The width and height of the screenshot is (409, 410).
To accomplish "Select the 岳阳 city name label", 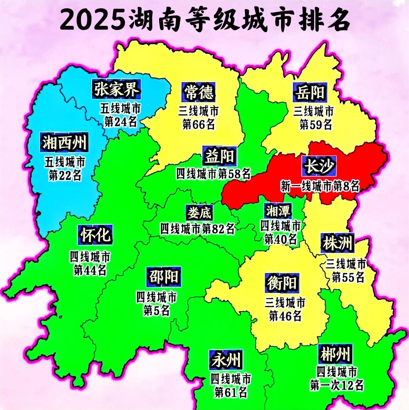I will point(309,92).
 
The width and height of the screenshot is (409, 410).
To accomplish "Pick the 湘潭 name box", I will point(278,211).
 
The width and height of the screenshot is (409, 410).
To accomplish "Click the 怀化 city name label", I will point(95,235).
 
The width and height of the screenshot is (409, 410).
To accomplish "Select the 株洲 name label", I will point(337,244).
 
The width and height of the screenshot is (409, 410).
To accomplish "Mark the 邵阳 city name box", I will point(164,276).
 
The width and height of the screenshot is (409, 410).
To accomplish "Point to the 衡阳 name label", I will point(282,283).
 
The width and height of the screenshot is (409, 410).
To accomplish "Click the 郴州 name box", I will point(335,354).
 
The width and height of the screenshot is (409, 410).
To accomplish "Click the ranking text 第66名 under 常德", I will point(198,124).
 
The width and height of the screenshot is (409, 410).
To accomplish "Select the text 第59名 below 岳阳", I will point(315,125).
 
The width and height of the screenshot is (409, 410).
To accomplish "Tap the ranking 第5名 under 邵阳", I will point(156,310).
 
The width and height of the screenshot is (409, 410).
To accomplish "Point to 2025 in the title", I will point(93,20).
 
